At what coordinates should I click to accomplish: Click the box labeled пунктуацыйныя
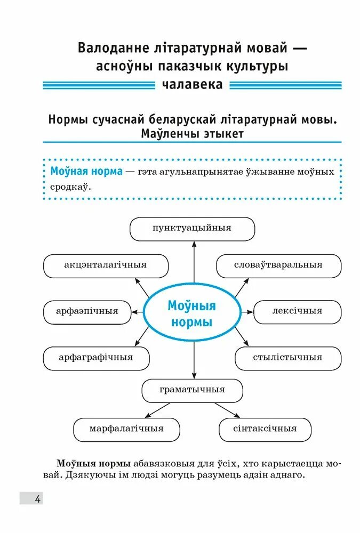(192, 228)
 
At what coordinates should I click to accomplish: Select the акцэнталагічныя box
(105, 265)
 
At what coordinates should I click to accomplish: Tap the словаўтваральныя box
(278, 265)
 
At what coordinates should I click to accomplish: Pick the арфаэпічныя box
(87, 312)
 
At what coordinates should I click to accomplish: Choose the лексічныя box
(297, 312)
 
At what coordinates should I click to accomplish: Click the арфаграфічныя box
(96, 358)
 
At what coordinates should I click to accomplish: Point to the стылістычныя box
(287, 358)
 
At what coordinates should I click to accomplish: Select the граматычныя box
(192, 390)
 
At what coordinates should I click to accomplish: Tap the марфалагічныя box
(126, 429)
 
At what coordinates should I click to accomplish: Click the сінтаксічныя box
(265, 429)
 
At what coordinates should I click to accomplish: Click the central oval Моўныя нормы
(192, 314)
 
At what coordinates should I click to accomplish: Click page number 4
(37, 499)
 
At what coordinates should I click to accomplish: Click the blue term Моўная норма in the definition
(86, 172)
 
